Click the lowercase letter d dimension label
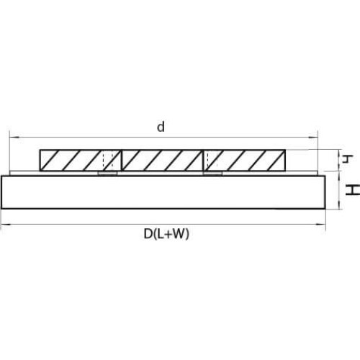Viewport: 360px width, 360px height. point(161,127)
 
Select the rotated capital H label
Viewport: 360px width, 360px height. point(353,189)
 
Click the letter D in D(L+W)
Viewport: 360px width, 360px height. point(148,234)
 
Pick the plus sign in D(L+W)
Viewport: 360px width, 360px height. point(168,235)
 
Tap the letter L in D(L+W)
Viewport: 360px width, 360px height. point(161,234)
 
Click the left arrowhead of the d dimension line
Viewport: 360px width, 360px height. point(14,138)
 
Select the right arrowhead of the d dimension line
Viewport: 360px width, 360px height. point(313,138)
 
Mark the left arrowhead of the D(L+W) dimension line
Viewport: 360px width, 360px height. point(6,225)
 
